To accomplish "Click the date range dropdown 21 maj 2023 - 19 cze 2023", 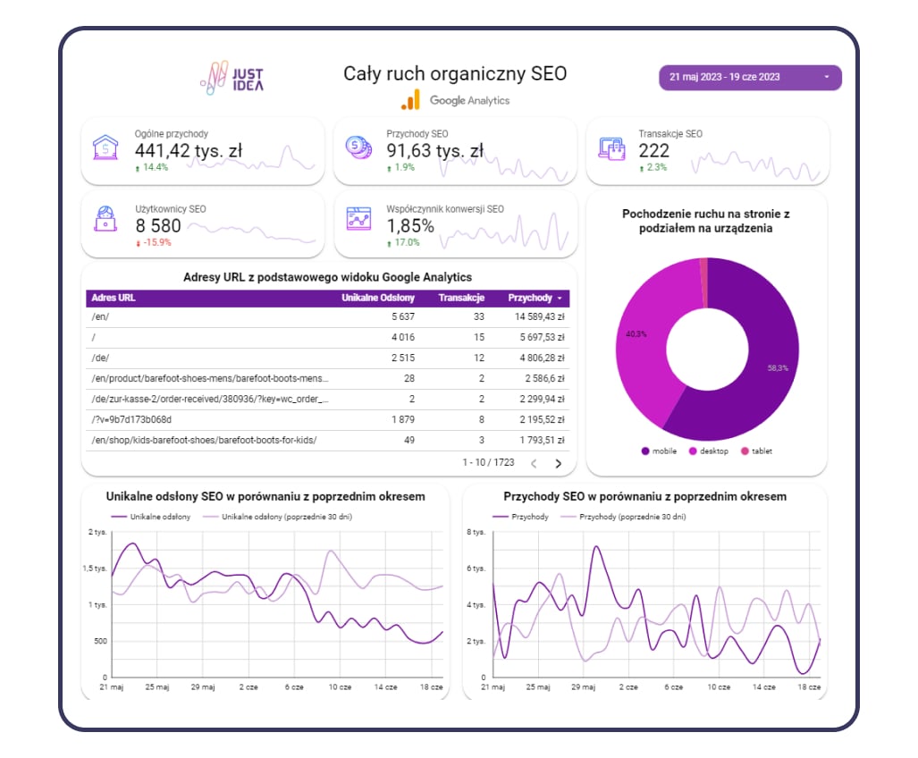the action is tap(750, 77).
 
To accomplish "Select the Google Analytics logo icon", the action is tap(411, 100).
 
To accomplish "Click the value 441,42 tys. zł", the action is tap(188, 151).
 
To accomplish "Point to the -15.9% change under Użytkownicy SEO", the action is tap(154, 242).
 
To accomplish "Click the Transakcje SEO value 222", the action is tap(654, 151).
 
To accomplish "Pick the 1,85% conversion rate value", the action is tap(410, 226).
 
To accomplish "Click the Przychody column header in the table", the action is tap(530, 298).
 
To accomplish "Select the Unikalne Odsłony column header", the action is tap(378, 298).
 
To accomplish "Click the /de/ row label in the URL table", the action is tap(100, 358).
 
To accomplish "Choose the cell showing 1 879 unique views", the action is tap(403, 420).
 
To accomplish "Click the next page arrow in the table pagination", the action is tap(558, 464).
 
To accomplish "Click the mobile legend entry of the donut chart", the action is tap(660, 451).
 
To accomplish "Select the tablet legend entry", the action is tap(756, 451).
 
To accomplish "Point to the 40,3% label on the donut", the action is tap(636, 334).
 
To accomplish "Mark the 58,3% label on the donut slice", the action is tap(778, 368).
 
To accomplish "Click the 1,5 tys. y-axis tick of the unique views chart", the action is tap(95, 568).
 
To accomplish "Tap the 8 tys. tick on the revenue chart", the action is tap(476, 532).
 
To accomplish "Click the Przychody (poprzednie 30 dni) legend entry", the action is tap(624, 517).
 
